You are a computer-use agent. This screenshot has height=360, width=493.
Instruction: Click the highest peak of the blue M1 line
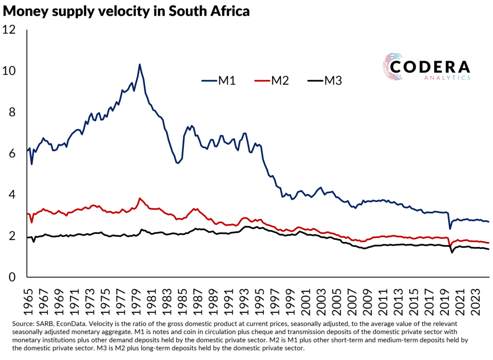pyautogui.click(x=140, y=64)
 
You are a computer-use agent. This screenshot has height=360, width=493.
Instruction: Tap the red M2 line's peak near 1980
pyautogui.click(x=140, y=198)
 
